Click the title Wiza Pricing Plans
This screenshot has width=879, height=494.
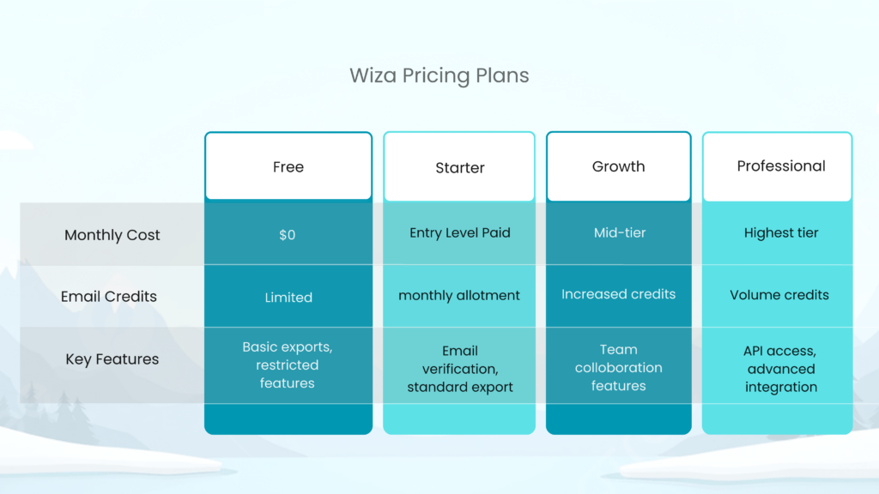pyautogui.click(x=439, y=75)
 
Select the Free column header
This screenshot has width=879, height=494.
pyautogui.click(x=288, y=167)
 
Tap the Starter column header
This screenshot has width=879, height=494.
pyautogui.click(x=459, y=168)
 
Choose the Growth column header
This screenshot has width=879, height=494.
pyautogui.click(x=618, y=166)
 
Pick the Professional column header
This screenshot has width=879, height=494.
pyautogui.click(x=780, y=166)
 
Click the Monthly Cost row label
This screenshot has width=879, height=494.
pyautogui.click(x=112, y=235)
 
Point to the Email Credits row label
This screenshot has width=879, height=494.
pyautogui.click(x=109, y=297)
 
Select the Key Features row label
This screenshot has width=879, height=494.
pyautogui.click(x=112, y=359)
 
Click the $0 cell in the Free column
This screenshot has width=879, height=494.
pyautogui.click(x=288, y=235)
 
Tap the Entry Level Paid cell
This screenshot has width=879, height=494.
pyautogui.click(x=459, y=233)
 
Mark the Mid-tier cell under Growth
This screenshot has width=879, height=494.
pyautogui.click(x=618, y=232)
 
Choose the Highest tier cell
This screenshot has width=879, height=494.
pyautogui.click(x=780, y=232)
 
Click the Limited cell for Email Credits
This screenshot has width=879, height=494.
pyautogui.click(x=288, y=298)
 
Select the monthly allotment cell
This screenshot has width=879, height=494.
pyautogui.click(x=459, y=295)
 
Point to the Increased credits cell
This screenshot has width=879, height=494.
pyautogui.click(x=618, y=294)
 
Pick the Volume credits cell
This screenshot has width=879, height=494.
pyautogui.click(x=779, y=295)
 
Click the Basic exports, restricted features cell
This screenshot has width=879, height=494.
pyautogui.click(x=288, y=365)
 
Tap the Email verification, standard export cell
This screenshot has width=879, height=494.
pyautogui.click(x=459, y=369)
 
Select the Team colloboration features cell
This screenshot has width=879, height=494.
pyautogui.click(x=618, y=368)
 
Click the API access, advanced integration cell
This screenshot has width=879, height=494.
pyautogui.click(x=780, y=369)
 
